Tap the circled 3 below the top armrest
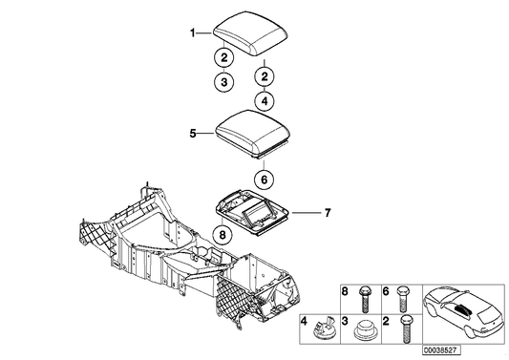click(x=222, y=83)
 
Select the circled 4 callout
click(x=264, y=99)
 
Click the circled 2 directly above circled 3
click(x=222, y=57)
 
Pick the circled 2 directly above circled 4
click(x=264, y=74)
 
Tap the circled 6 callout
click(x=264, y=178)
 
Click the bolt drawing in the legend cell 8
click(x=364, y=299)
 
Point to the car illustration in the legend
click(x=459, y=311)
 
